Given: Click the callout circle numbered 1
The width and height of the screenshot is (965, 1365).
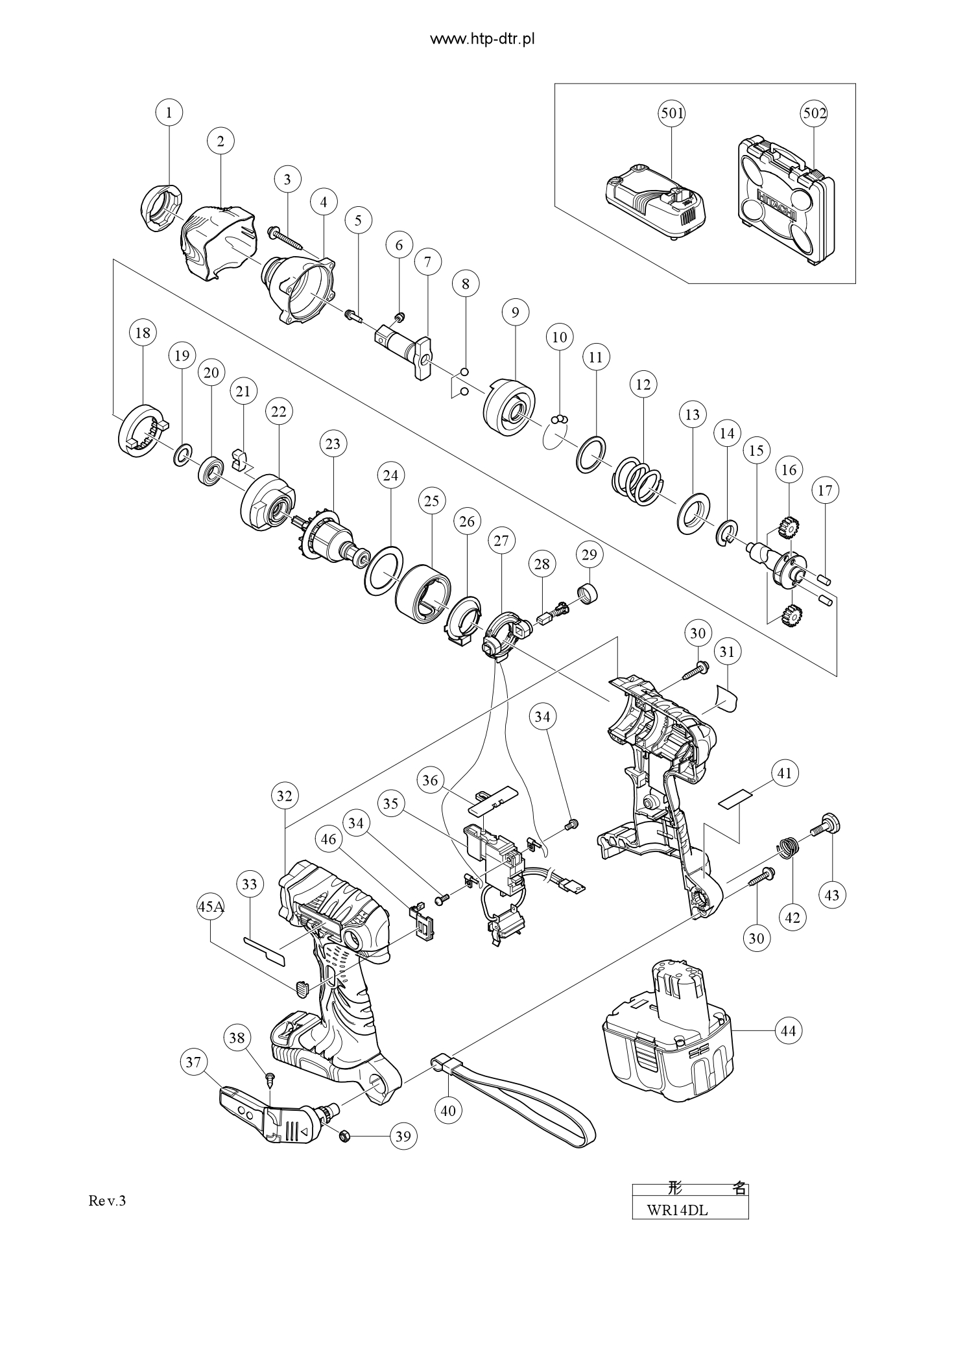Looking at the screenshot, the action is coord(169,113).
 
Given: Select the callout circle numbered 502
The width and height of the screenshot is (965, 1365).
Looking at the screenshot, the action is coord(815,113).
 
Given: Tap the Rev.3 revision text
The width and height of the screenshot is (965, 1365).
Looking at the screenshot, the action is coord(107,1201).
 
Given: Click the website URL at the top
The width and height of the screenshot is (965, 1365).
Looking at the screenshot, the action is coord(482,40).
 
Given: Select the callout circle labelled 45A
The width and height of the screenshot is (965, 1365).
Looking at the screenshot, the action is coord(211,907).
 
